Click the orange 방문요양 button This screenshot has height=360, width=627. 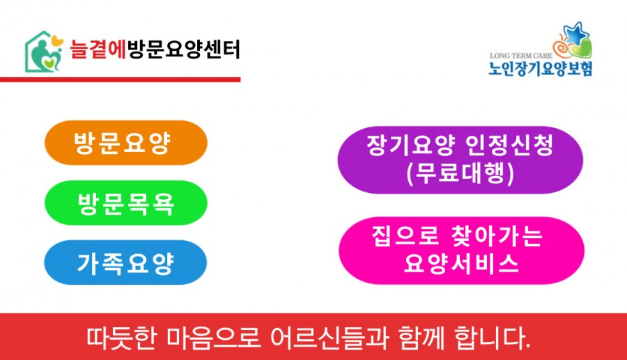(x=126, y=143)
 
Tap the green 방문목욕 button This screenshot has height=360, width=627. (x=126, y=203)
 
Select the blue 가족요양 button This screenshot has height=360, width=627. (x=125, y=263)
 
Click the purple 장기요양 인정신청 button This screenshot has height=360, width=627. (x=460, y=160)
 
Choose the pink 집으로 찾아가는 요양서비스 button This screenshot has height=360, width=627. (x=461, y=251)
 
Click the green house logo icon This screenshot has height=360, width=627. (x=44, y=52)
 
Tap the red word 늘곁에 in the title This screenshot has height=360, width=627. (x=98, y=49)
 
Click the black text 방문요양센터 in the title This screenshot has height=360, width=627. (x=183, y=49)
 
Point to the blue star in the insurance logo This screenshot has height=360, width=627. (x=576, y=33)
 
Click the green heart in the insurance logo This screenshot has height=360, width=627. (x=580, y=49)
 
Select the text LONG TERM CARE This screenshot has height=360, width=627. (x=520, y=56)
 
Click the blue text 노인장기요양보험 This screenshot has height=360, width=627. (x=540, y=68)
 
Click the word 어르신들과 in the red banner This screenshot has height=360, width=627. (x=330, y=338)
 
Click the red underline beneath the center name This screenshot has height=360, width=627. (x=120, y=80)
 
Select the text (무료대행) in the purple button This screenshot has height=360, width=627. (x=460, y=173)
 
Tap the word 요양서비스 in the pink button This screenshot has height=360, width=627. (x=461, y=263)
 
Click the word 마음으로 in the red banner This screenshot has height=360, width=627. (x=214, y=338)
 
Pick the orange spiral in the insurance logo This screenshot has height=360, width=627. (x=562, y=46)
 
